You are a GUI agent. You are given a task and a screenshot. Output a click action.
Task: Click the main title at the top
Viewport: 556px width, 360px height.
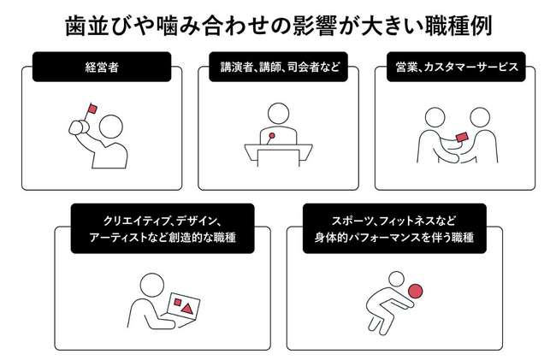278,25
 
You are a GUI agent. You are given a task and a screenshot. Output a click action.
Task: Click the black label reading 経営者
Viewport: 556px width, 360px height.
102,67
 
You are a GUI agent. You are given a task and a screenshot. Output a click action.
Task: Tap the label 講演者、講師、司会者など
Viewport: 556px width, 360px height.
278,67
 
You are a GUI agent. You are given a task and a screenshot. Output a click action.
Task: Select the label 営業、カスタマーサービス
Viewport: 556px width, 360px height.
456,67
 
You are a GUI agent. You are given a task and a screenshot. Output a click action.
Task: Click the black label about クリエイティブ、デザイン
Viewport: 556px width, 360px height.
163,228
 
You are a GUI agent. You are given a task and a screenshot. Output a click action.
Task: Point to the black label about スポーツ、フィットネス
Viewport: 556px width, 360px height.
394,228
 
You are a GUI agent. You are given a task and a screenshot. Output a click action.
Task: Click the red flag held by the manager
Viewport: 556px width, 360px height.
92,109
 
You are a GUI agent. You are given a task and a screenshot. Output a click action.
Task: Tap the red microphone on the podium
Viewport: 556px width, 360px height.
272,135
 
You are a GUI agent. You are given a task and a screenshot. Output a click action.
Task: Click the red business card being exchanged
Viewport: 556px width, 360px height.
462,137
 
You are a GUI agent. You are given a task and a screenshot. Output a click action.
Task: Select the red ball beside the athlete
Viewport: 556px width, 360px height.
415,292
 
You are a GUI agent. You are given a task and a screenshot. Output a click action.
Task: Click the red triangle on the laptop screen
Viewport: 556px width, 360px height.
187,310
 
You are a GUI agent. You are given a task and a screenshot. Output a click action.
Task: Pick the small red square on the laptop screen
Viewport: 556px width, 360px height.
178,302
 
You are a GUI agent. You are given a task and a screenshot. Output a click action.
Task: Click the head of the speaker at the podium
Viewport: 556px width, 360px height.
278,114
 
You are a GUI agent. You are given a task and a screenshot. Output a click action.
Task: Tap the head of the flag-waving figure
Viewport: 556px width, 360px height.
111,127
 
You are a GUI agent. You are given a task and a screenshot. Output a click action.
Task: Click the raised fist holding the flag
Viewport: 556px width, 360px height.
80,127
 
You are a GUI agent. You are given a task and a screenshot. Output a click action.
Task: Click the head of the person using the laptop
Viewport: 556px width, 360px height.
152,285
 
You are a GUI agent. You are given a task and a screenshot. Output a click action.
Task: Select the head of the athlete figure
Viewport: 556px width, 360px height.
396,280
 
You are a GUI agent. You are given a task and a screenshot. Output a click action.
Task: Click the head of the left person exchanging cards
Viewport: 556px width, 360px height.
435,117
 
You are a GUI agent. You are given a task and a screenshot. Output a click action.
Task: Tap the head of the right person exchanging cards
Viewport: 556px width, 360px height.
480,117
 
